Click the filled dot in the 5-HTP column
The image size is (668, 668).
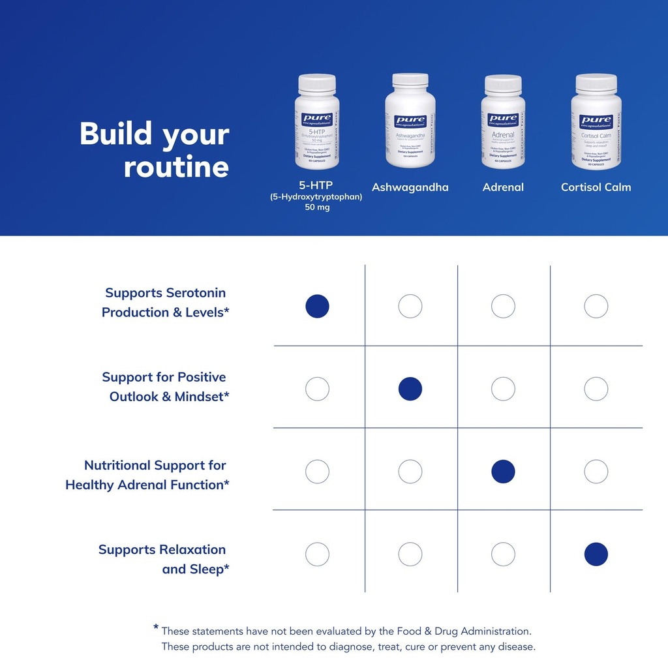[317, 306]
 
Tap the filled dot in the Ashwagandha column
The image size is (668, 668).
[410, 389]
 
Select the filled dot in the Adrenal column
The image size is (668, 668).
[503, 472]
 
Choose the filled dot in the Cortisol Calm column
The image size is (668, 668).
[596, 554]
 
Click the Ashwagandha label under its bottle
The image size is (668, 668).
[410, 187]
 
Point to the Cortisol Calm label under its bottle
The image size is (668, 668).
[596, 187]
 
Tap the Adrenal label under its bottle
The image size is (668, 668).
[503, 187]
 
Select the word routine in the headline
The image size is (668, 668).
[176, 167]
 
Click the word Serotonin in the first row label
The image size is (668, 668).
[196, 293]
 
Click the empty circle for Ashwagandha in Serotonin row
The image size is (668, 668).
[410, 306]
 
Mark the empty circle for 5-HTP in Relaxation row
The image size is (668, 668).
[317, 554]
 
